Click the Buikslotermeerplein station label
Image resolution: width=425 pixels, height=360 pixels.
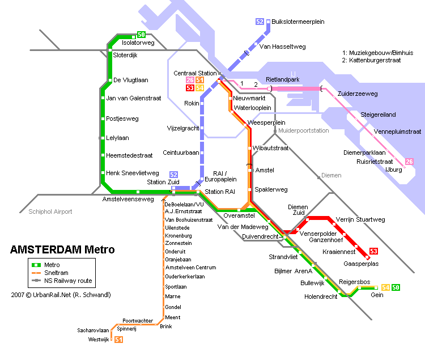coord(297,22)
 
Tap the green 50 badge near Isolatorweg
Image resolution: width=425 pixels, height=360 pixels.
coord(141,35)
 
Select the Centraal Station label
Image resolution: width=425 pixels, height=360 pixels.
coord(195,73)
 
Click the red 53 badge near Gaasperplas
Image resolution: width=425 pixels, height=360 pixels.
coord(373,251)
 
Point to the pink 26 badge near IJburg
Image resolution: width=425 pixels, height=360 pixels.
coord(409,162)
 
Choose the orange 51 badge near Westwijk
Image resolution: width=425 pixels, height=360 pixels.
coord(118,340)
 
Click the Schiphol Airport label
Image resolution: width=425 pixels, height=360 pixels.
coord(50,211)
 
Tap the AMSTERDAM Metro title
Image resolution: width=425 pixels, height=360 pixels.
coord(62,249)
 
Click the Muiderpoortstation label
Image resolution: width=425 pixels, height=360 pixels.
coord(303,130)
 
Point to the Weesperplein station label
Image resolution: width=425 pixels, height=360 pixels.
coord(266,122)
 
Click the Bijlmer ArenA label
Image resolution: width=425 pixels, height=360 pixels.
coord(293,271)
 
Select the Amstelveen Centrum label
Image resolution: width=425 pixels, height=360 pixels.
coord(190,267)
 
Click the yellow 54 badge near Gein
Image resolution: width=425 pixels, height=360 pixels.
coord(386,287)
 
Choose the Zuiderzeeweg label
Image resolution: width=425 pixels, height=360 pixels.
coord(357,94)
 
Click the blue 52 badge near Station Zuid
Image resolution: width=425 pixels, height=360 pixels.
coord(173,174)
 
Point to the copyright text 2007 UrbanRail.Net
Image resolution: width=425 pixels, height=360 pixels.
coord(61,295)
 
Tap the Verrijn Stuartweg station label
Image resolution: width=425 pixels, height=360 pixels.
coord(360,219)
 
